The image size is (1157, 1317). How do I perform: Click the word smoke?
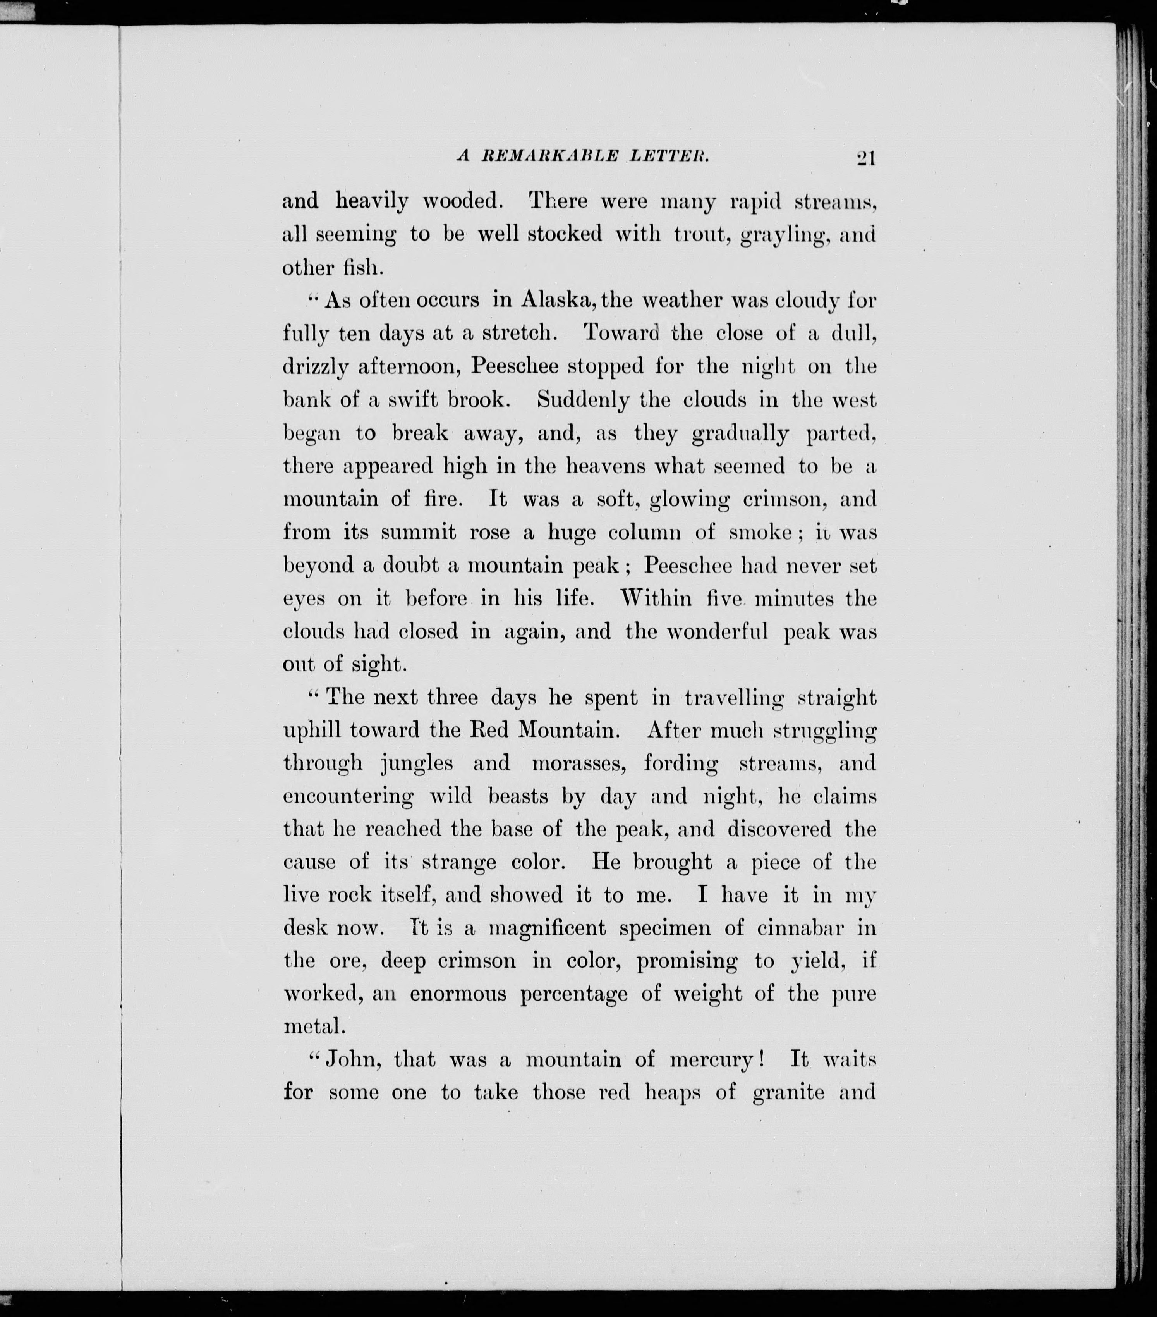(x=760, y=532)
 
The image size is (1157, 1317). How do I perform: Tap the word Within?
(x=656, y=598)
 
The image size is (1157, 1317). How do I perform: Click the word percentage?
(x=573, y=995)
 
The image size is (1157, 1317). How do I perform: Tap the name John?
(x=353, y=1060)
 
